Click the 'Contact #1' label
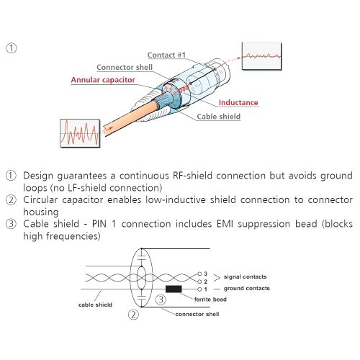166,55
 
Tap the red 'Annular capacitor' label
103,80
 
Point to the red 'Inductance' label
238,103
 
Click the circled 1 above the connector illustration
11,48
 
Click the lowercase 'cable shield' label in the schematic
95,305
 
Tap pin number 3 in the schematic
205,274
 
